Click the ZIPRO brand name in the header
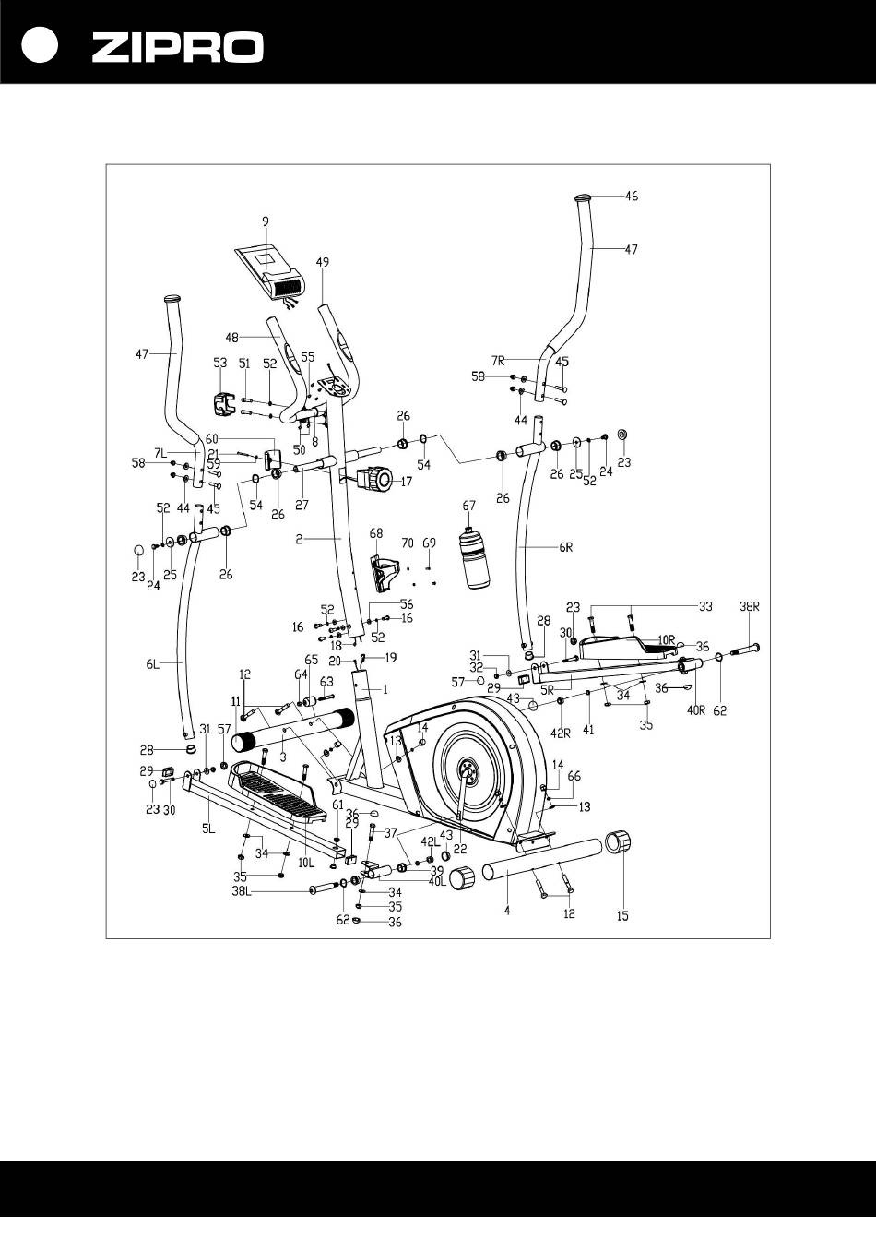(x=177, y=46)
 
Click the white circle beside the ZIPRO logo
(x=40, y=46)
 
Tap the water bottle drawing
(x=474, y=558)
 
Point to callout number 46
(x=632, y=196)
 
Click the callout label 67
(x=468, y=506)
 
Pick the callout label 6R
(x=565, y=547)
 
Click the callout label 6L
(x=153, y=664)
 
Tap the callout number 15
(x=622, y=916)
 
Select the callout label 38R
(x=750, y=607)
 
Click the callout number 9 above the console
(x=266, y=221)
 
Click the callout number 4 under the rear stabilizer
(x=507, y=911)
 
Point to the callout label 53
(x=220, y=363)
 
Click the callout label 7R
(x=498, y=361)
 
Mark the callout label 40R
(x=696, y=710)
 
